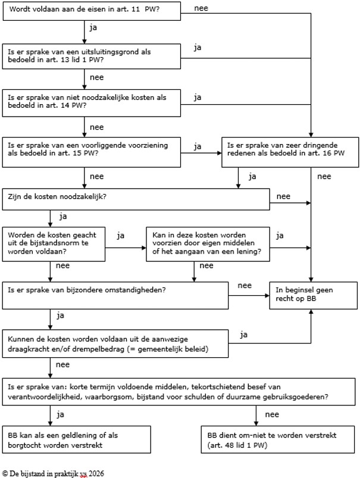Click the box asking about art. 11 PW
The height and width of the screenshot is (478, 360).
point(92,11)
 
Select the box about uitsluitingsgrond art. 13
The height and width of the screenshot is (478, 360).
point(92,57)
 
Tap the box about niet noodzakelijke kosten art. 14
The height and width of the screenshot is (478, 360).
point(92,103)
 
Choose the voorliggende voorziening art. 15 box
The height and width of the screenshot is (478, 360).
point(92,152)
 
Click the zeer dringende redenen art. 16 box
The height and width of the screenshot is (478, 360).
point(290,152)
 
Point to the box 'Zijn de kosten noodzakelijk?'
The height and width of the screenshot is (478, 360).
point(136,199)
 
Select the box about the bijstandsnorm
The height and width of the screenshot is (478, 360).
point(54,244)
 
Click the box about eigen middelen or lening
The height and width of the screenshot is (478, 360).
point(208,244)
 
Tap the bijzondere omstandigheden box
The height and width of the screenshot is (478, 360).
point(115,295)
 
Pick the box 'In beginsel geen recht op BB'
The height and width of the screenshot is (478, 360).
point(314,295)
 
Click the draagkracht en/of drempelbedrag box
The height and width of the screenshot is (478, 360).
point(115,343)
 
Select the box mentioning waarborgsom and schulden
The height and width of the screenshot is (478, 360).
point(179,392)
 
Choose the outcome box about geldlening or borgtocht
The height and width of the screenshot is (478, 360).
point(77,439)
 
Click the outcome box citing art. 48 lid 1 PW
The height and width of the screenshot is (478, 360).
point(278,439)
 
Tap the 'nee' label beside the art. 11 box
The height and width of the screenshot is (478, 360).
point(201,8)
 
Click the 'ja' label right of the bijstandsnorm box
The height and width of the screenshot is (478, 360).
point(121,236)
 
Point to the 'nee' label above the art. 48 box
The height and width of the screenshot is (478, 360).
point(272,414)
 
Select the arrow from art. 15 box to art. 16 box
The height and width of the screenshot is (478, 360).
point(201,153)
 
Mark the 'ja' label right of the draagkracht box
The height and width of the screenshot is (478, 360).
point(243,335)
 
